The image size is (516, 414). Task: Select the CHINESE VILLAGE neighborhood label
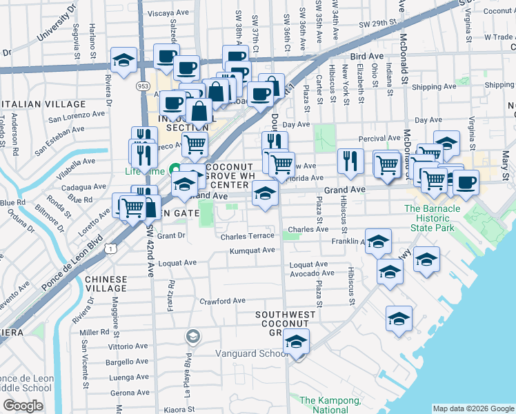tap(107, 283)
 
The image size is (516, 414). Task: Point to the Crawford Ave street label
tap(222, 301)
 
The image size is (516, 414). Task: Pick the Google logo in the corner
tap(23, 405)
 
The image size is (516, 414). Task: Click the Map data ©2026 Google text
tap(473, 408)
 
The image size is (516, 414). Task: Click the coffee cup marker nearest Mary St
tap(466, 183)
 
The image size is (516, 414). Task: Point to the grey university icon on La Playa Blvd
tap(192, 336)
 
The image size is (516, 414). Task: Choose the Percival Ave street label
tap(382, 138)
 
